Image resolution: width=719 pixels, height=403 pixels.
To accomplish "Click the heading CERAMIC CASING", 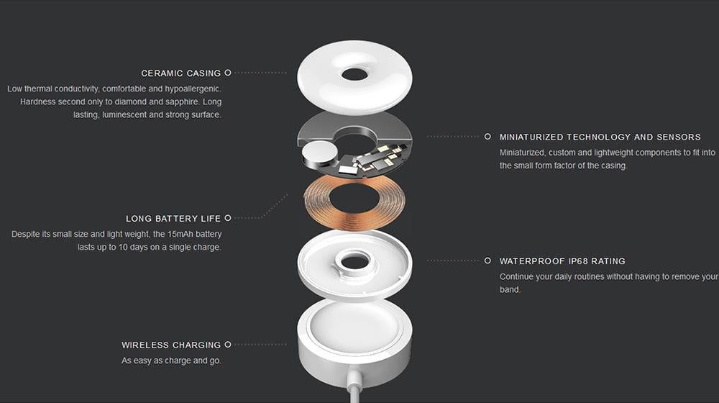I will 180,73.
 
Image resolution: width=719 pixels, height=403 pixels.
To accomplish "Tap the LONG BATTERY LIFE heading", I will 173,219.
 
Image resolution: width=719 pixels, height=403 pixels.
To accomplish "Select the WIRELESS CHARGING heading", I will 171,345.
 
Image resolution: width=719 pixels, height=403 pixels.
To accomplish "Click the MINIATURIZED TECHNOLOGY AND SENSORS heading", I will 600,137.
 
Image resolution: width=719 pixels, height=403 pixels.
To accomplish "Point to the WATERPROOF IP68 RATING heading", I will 562,261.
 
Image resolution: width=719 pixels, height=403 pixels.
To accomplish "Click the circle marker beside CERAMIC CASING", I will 228,73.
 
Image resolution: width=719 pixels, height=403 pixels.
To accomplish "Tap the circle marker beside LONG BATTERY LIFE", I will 228,218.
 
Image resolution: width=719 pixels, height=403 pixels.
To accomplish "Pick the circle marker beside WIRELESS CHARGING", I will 228,345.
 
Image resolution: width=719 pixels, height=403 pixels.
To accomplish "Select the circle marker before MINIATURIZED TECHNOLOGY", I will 487,137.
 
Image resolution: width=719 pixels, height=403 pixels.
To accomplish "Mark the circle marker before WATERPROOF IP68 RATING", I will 487,261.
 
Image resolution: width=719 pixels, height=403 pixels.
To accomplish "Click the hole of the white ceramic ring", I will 354,74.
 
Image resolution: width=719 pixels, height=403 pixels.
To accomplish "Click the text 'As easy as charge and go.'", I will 171,361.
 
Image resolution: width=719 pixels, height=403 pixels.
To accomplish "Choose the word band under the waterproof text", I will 509,290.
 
